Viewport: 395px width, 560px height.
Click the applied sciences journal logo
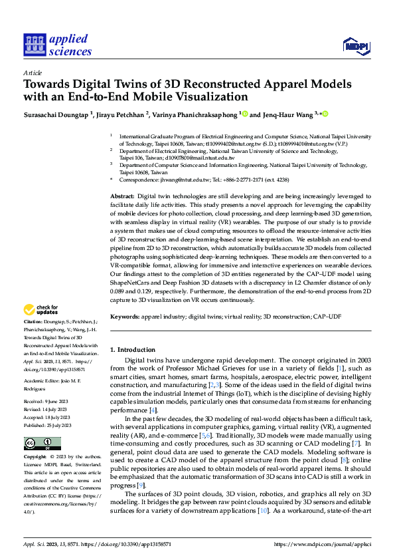point(57,45)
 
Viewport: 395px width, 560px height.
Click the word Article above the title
point(33,72)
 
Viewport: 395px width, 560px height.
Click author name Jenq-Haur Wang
point(287,114)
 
